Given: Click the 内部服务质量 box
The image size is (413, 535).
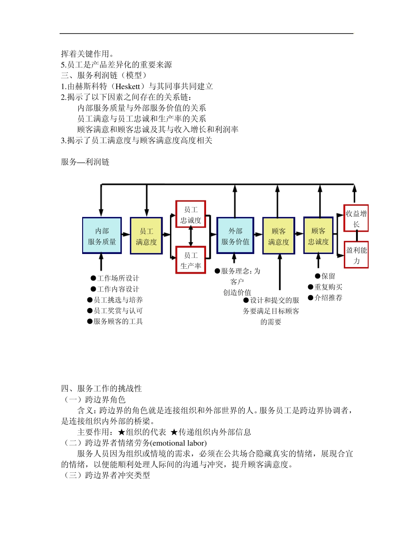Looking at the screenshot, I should (x=102, y=236).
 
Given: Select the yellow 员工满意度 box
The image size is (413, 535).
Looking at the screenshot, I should (x=146, y=236).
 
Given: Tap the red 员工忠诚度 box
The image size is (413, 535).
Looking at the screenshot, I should (x=191, y=214).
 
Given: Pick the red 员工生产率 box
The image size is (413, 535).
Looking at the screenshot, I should (x=191, y=260).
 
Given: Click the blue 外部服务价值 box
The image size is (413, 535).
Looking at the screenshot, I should (x=235, y=236).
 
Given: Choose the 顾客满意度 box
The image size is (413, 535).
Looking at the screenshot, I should (x=279, y=236).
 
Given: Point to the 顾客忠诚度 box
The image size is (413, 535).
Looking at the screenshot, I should (x=319, y=235).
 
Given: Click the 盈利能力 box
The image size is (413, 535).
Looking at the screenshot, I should (x=356, y=255).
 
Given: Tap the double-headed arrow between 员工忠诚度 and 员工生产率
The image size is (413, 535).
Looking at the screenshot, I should (x=191, y=237).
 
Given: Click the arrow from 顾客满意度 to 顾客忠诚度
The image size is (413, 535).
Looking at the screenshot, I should (x=299, y=234).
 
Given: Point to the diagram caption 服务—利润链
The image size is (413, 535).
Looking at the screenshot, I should (x=85, y=162).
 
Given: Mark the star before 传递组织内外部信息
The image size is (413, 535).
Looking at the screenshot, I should (x=174, y=432).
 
